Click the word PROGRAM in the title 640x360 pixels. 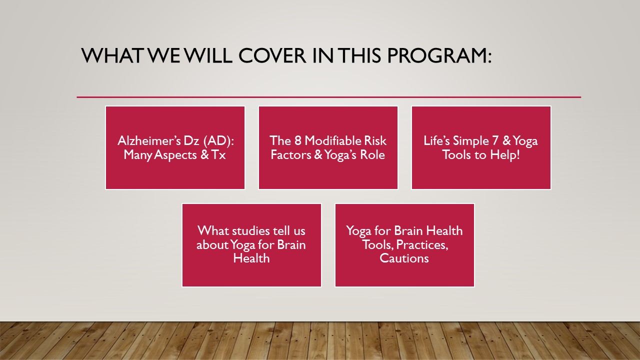tap(439, 55)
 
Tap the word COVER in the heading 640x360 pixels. tap(272, 55)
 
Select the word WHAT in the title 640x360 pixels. tap(111, 55)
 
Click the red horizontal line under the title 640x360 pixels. tap(329, 97)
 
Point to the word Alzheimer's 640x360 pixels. tap(149, 140)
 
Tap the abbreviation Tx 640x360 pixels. tap(218, 155)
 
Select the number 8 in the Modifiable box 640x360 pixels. tap(297, 140)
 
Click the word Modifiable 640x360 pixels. tap(333, 140)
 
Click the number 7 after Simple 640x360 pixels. tap(495, 140)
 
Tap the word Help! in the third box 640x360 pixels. tap(505, 155)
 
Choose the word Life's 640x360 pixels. tap(436, 140)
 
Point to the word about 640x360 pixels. tap(211, 245)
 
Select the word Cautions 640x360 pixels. tap(404, 258)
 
